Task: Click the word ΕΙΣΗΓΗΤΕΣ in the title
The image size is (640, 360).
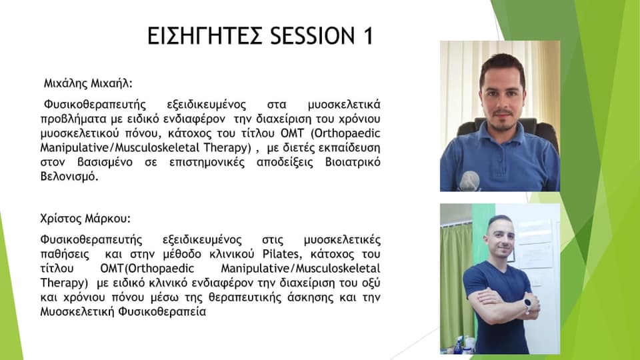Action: (205, 35)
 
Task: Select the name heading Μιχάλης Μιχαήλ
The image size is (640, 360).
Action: (88, 84)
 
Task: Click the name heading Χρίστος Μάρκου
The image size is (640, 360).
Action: (85, 219)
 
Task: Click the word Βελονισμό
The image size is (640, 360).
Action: (69, 177)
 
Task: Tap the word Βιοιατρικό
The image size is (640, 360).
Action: (353, 163)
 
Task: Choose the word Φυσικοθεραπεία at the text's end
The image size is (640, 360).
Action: (162, 312)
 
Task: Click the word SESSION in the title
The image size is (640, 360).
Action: (312, 35)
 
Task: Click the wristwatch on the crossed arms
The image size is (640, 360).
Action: (527, 304)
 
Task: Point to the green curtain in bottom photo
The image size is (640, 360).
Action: (455, 281)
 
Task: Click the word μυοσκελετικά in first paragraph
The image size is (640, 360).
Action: (344, 105)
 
